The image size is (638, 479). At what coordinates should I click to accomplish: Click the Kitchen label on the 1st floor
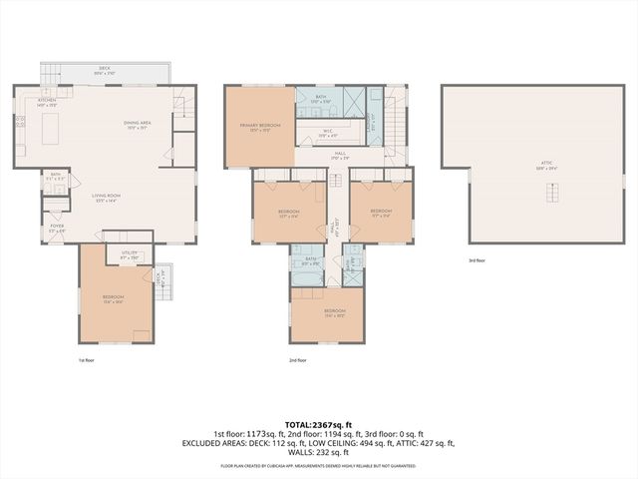click(x=48, y=102)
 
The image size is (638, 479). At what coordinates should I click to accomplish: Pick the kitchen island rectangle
click(x=54, y=126)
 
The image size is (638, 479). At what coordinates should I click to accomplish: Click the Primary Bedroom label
click(x=259, y=127)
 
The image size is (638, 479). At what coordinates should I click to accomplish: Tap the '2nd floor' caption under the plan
click(x=298, y=360)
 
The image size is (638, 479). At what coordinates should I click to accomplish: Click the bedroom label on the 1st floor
click(x=113, y=298)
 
